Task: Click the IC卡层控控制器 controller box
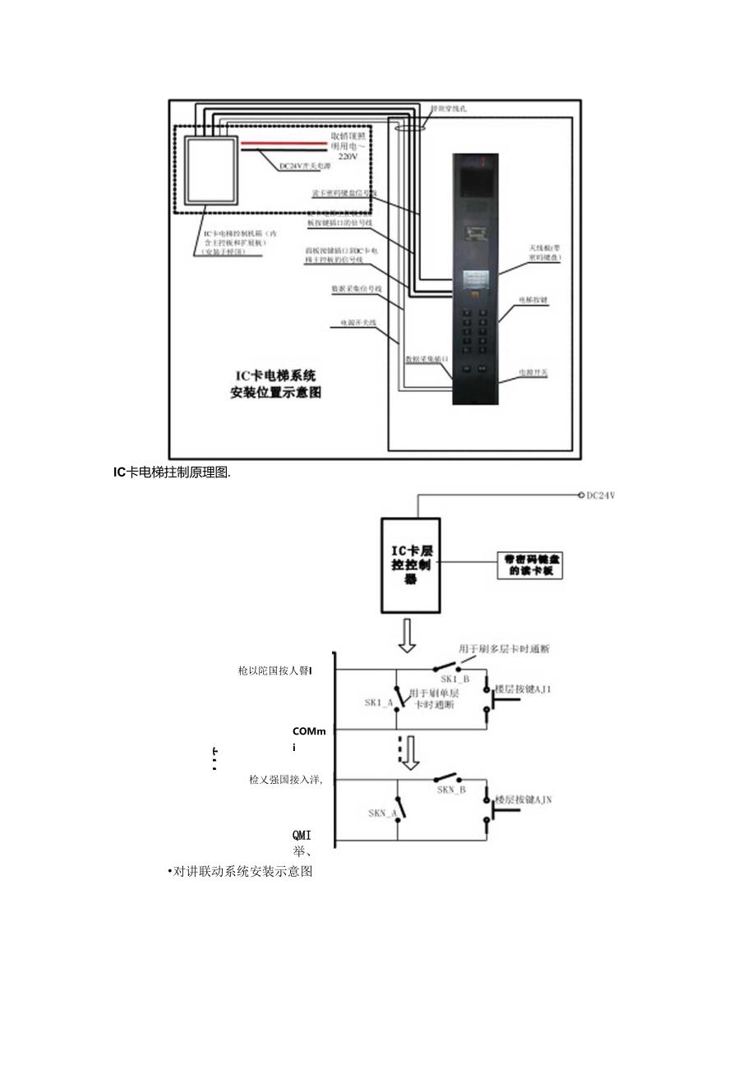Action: [x=410, y=564]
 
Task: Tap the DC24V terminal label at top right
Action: [x=600, y=495]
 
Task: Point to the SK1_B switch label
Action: [x=454, y=680]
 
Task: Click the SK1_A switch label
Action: [x=379, y=703]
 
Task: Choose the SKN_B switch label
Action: [x=451, y=790]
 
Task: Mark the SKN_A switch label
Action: [x=383, y=813]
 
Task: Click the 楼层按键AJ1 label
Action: [x=523, y=689]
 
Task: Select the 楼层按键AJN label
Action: [x=523, y=799]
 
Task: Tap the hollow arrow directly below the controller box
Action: [x=408, y=635]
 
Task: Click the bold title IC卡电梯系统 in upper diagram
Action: [x=275, y=376]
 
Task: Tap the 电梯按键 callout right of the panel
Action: [x=533, y=301]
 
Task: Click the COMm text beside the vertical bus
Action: [x=310, y=731]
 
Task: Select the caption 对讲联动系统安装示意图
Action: [x=243, y=872]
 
